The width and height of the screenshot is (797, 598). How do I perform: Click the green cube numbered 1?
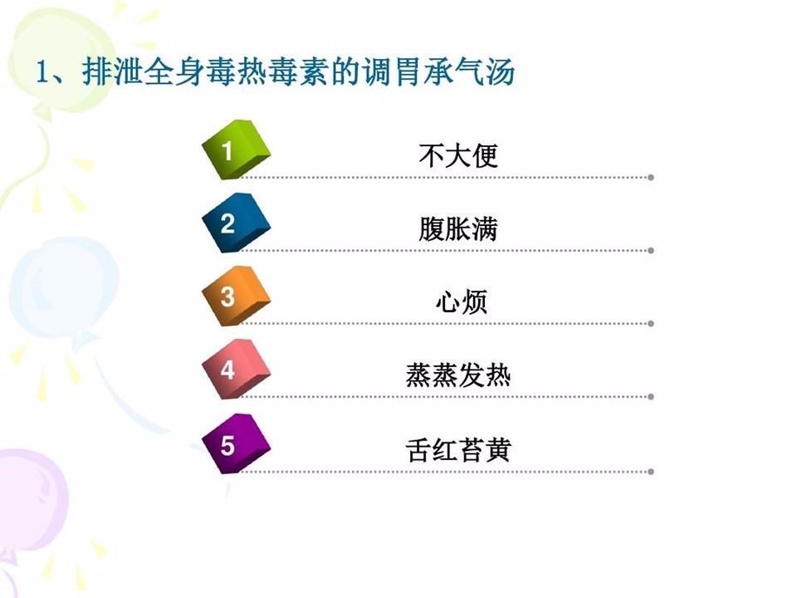(236, 149)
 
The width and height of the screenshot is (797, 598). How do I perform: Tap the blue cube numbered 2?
(236, 223)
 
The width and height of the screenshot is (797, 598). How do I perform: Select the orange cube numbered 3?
(236, 296)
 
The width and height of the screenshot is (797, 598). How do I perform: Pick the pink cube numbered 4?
(236, 369)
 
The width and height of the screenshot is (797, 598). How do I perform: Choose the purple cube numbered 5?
(236, 444)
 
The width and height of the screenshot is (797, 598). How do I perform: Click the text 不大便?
(458, 155)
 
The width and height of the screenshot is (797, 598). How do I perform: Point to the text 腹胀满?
(458, 228)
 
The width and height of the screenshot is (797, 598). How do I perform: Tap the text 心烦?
(462, 301)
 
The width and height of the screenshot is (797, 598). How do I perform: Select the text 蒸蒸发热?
(458, 375)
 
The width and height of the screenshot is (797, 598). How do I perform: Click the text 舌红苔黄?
(458, 450)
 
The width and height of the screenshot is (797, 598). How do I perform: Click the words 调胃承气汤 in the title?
(438, 71)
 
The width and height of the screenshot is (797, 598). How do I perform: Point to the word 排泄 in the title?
(112, 71)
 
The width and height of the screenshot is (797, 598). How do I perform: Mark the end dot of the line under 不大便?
(651, 178)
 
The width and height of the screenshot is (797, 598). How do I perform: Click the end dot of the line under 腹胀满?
(651, 251)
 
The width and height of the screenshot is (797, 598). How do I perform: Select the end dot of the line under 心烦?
(651, 324)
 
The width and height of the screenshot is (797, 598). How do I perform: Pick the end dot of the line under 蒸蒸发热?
(651, 397)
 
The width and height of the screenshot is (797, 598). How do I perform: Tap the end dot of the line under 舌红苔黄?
(651, 472)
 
